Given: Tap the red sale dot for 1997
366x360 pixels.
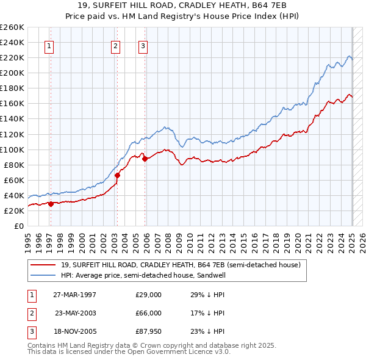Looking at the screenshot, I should [x=51, y=204].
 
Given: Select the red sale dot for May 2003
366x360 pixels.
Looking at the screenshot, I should [x=118, y=176].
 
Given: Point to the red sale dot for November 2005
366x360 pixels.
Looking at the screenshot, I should [x=145, y=159].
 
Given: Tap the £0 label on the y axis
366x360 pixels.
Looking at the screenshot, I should [x=18, y=226].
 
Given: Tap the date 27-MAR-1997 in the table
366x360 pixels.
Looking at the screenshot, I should [x=74, y=295].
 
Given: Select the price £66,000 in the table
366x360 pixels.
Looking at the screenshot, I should [x=148, y=313].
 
